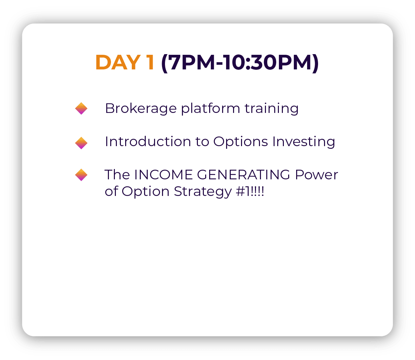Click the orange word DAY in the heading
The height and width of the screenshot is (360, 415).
coord(118,62)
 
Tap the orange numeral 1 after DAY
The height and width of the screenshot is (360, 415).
coord(150,62)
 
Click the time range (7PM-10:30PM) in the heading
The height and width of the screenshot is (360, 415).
coord(240,63)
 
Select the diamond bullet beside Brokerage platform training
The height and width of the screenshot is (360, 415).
coord(81,109)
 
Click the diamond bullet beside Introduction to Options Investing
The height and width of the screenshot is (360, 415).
coord(81,143)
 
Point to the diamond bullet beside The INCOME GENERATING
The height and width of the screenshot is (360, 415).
coord(81,175)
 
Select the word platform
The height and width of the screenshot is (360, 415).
coord(210,109)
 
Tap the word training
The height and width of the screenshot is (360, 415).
coord(272,109)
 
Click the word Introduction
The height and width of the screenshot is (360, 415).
coord(148,141)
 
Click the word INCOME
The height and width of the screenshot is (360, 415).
coord(164,175)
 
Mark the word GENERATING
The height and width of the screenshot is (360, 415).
coord(244,175)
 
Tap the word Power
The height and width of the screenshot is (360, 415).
coord(317,175)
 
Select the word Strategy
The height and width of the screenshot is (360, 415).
coord(203,192)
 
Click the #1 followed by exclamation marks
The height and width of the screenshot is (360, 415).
coord(250,191)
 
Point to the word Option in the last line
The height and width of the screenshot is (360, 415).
coord(145,192)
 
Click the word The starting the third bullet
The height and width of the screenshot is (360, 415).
coord(117,175)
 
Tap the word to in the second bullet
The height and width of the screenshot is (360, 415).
coord(202,142)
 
